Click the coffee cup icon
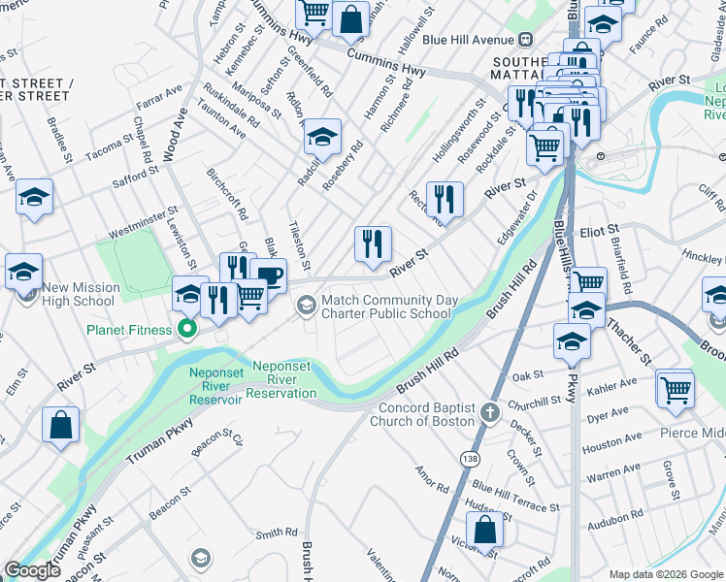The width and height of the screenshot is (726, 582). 268,276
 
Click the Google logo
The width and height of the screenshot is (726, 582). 32,570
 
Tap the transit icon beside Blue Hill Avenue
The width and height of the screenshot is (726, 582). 526,40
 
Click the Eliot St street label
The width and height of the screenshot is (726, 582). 600,231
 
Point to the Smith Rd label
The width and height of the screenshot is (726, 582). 277,533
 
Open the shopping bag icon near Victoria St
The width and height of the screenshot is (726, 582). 484,531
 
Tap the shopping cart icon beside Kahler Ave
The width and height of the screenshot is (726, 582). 676,389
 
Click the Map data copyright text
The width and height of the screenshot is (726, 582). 665,573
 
